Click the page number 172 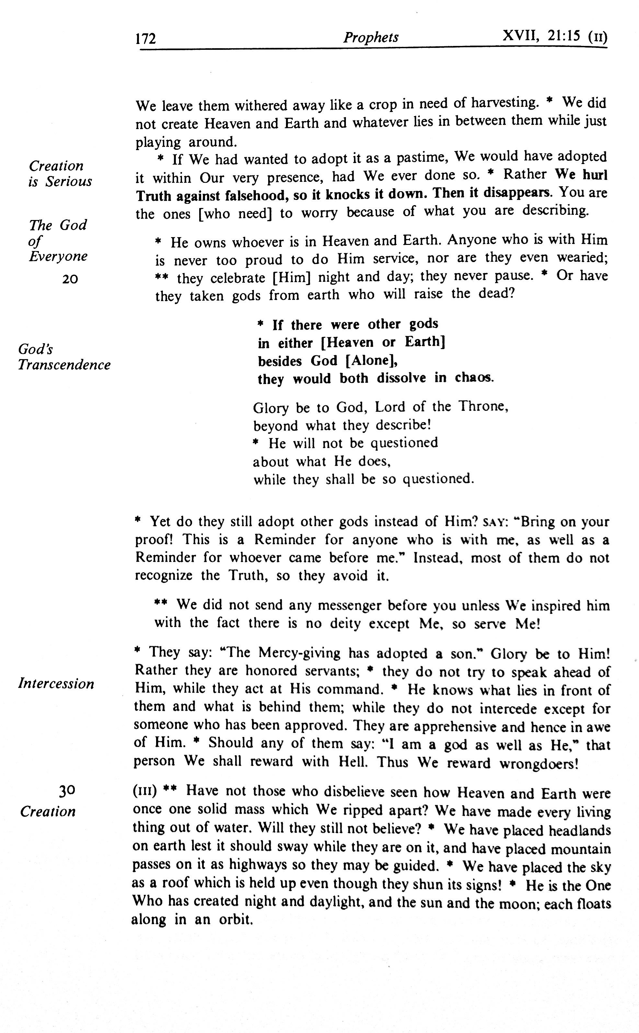tap(146, 39)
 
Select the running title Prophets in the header tap(371, 38)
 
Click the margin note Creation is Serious tap(60, 173)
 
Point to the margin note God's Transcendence tap(64, 357)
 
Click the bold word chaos tap(473, 378)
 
